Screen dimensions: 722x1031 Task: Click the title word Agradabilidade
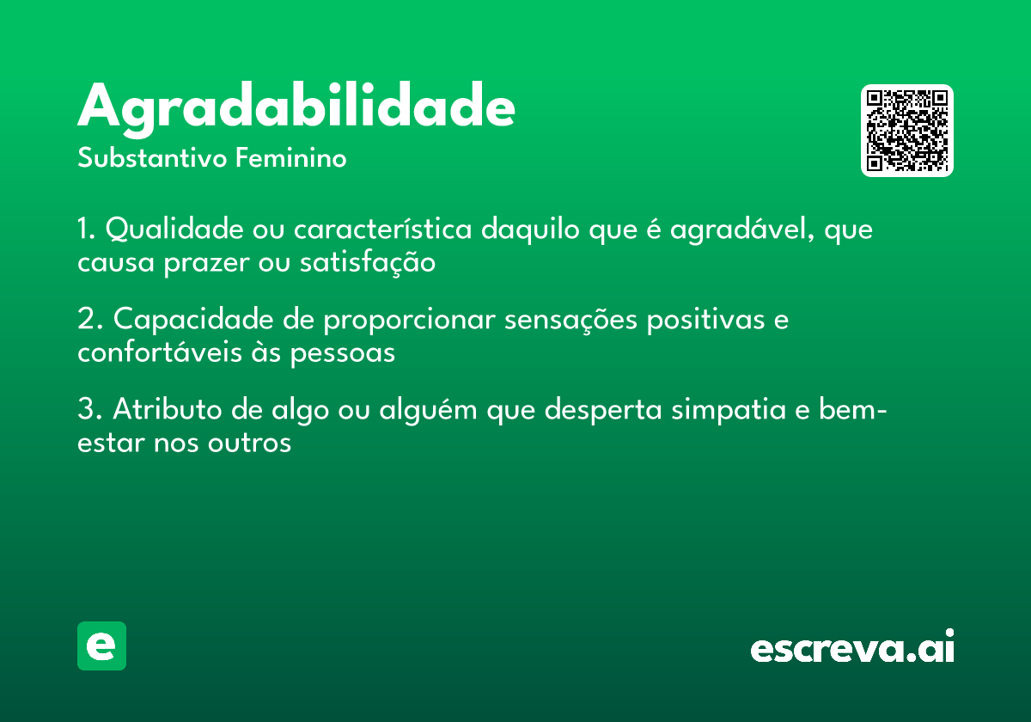pyautogui.click(x=296, y=108)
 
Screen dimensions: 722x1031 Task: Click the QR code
pyautogui.click(x=907, y=131)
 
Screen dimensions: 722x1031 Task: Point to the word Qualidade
pyautogui.click(x=176, y=230)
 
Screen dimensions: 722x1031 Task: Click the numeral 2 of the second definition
pyautogui.click(x=86, y=320)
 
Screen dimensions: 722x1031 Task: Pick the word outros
pyautogui.click(x=248, y=444)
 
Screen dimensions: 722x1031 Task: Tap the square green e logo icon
pyautogui.click(x=101, y=646)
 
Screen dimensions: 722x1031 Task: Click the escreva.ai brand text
pyautogui.click(x=852, y=648)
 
